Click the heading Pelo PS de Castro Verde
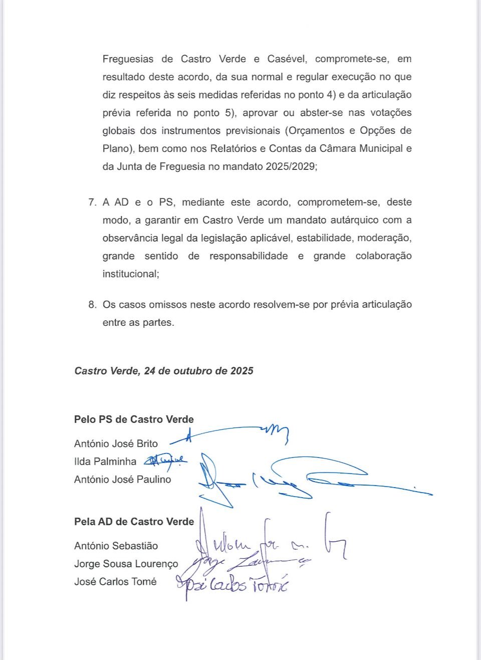(x=134, y=419)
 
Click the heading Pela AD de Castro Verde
(x=134, y=522)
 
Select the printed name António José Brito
(x=116, y=444)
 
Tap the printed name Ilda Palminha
(x=105, y=462)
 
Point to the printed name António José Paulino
(x=123, y=480)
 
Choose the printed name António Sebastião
(x=116, y=546)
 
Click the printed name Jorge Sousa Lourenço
(x=126, y=564)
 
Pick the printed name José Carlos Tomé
(x=115, y=582)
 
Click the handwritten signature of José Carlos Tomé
(x=233, y=584)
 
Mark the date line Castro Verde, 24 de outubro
(x=164, y=371)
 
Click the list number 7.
(x=92, y=202)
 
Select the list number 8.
(x=92, y=305)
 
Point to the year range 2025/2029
(x=291, y=166)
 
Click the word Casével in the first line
(x=286, y=59)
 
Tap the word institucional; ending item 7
(x=131, y=274)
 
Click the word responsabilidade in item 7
(x=249, y=256)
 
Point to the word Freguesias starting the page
(x=128, y=59)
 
